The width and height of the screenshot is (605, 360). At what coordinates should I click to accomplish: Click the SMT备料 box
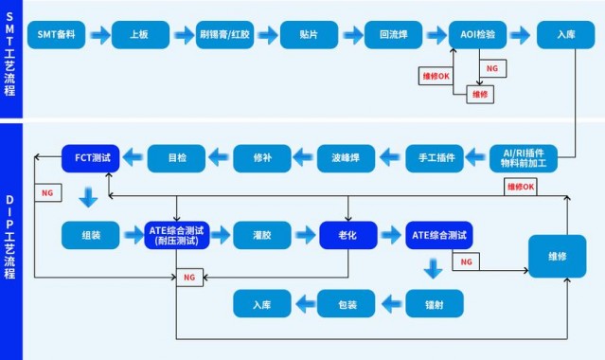56,35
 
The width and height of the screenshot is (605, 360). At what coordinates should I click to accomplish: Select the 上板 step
139,35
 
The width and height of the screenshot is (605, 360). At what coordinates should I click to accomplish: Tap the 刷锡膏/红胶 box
226,35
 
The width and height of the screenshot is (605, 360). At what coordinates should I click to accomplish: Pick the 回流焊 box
393,35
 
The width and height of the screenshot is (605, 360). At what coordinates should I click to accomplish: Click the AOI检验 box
477,35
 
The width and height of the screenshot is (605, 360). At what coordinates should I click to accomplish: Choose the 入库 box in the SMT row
565,35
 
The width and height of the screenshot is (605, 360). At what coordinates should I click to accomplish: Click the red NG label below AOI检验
491,69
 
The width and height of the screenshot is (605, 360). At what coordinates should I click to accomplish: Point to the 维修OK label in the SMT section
436,74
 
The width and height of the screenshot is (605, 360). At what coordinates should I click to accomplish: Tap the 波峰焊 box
346,157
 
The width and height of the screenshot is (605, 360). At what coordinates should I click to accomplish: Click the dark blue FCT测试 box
91,157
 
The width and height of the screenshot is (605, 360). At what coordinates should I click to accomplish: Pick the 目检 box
176,157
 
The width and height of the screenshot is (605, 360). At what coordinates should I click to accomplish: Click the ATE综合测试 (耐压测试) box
176,235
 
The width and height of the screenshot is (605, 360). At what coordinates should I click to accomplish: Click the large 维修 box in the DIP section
562,255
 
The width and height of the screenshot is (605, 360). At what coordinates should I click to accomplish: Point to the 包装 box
347,303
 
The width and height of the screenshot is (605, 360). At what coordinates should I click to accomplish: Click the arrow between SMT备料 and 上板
98,35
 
